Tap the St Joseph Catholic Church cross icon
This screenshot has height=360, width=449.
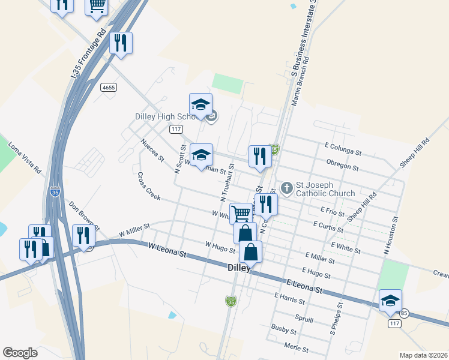click(287, 188)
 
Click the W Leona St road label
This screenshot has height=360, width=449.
click(167, 250)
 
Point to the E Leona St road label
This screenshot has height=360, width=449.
click(304, 287)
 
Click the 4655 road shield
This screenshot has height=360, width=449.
click(109, 87)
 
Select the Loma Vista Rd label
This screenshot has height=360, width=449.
click(24, 158)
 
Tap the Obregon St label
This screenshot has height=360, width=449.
click(342, 165)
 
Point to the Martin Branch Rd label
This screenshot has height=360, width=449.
click(300, 82)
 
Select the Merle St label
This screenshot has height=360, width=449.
click(296, 349)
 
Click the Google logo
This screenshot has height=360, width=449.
click(20, 352)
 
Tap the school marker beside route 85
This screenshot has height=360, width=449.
click(390, 301)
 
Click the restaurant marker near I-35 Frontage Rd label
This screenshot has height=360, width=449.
click(122, 43)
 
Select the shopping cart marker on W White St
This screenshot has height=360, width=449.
click(241, 213)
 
